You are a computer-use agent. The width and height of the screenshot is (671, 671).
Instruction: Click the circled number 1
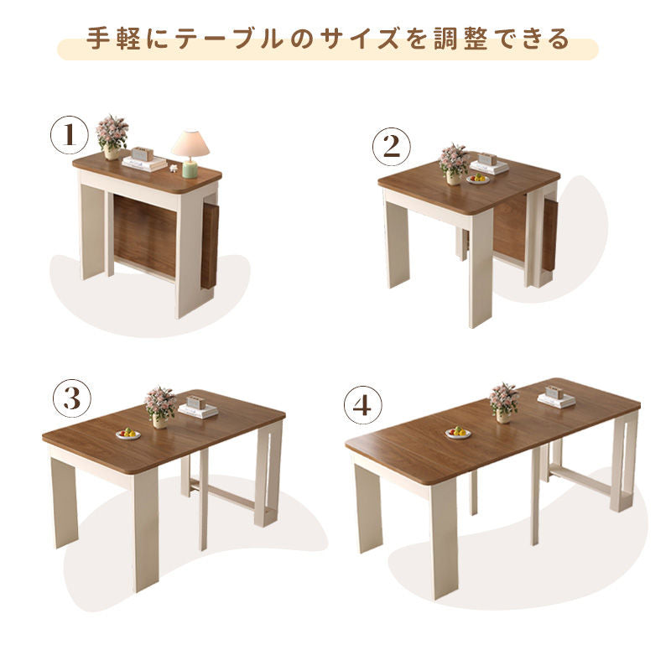pyautogui.click(x=70, y=135)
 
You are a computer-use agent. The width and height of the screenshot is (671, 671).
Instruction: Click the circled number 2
pyautogui.click(x=391, y=147)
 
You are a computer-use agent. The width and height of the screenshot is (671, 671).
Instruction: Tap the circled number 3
pyautogui.click(x=72, y=398)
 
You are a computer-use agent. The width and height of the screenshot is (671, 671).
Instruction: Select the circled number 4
pyautogui.click(x=363, y=405)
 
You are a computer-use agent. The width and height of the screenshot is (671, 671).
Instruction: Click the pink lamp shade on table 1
pyautogui.click(x=190, y=143)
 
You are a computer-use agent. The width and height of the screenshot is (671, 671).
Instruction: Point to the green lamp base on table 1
pyautogui.click(x=190, y=169)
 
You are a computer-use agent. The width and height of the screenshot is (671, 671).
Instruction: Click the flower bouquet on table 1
pyautogui.click(x=112, y=131)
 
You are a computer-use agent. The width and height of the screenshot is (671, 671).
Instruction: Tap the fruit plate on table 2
pyautogui.click(x=477, y=179)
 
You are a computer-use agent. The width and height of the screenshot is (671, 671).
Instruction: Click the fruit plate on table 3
pyautogui.click(x=128, y=434)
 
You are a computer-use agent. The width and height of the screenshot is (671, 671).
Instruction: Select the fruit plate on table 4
pyautogui.click(x=458, y=432)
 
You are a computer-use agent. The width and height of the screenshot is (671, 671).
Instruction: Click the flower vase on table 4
pyautogui.click(x=503, y=415)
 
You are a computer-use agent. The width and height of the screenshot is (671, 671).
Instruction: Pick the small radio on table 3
pyautogui.click(x=196, y=403)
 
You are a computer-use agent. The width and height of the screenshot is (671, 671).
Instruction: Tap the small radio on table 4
pyautogui.click(x=554, y=393)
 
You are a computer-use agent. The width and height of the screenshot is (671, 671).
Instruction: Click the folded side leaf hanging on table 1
pyautogui.click(x=209, y=246)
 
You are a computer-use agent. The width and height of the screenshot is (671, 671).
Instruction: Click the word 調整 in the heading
pyautogui.click(x=460, y=39)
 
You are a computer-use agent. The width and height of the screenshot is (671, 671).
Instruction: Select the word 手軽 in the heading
pyautogui.click(x=114, y=39)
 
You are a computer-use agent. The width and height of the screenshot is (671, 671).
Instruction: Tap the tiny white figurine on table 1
pyautogui.click(x=174, y=169)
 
